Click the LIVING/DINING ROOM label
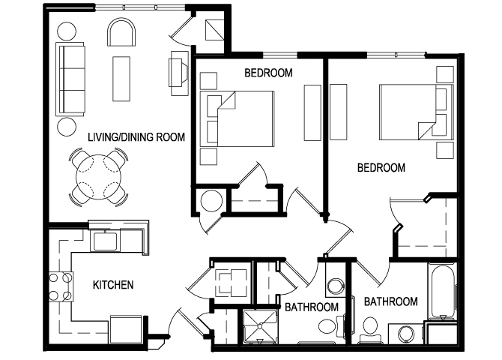pos(136,136)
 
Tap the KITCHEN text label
pos(112,284)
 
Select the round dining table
pos(98,178)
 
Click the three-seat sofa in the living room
pos(71,78)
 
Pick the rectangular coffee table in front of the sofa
pos(121,77)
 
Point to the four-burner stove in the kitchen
pos(60,285)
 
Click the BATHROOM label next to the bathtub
pos(390,301)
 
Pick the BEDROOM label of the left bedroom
pos(268,73)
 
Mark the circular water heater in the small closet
pos(211,202)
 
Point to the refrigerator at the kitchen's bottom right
pos(125,328)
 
